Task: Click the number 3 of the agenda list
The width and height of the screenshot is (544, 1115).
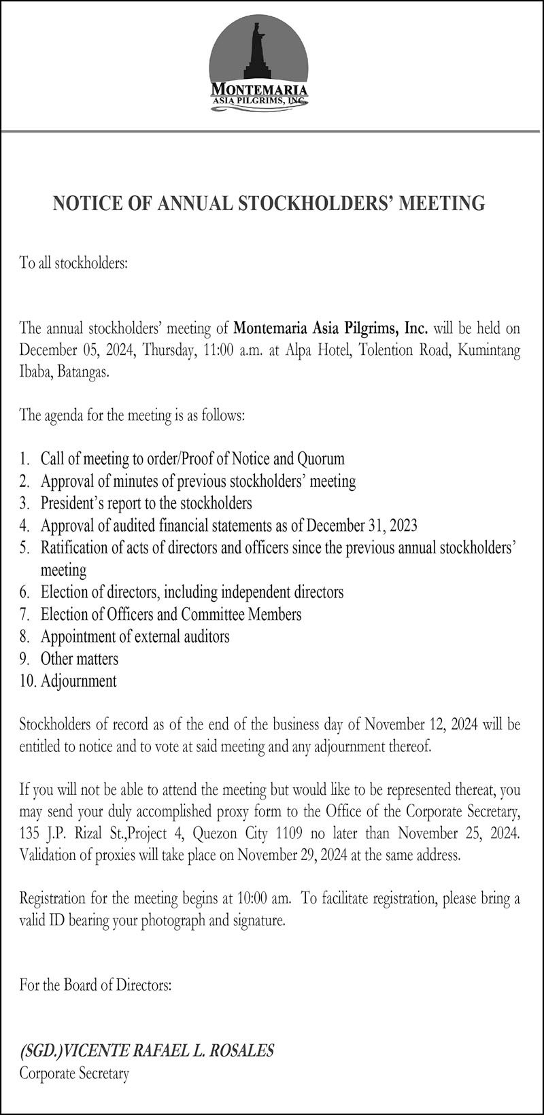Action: click(x=24, y=504)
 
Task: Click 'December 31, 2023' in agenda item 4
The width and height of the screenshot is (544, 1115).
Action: click(x=362, y=526)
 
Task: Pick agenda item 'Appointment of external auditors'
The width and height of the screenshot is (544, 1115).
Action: click(x=135, y=636)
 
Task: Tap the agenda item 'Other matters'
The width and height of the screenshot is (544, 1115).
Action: click(x=79, y=659)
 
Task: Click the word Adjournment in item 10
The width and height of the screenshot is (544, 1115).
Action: click(x=78, y=681)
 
